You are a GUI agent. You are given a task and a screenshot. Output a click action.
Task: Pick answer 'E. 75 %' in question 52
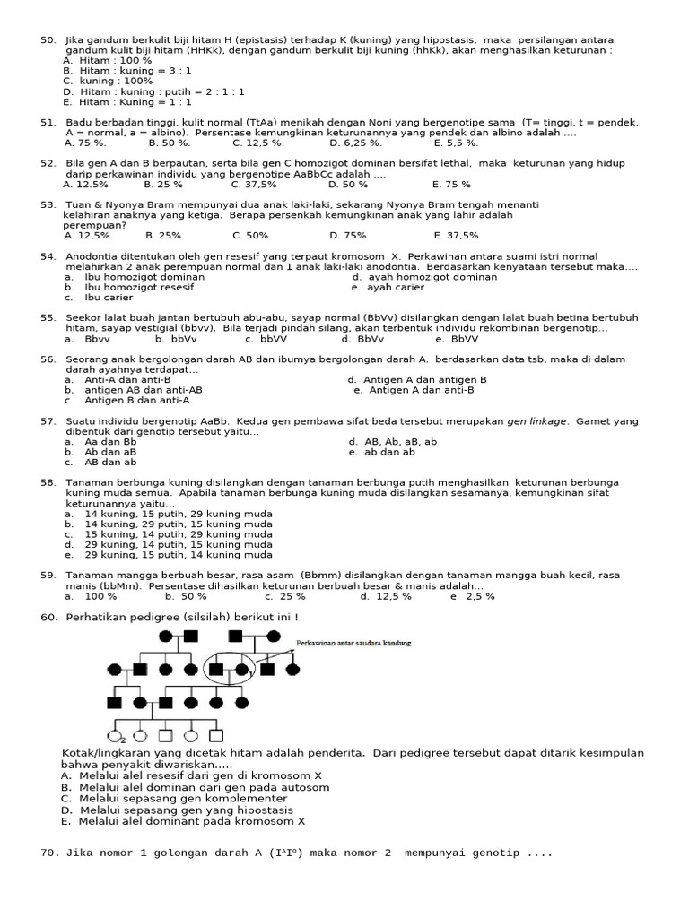point(451,184)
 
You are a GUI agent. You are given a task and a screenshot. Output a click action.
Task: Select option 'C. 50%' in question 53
point(250,236)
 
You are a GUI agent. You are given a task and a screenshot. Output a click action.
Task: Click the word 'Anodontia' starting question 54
point(96,256)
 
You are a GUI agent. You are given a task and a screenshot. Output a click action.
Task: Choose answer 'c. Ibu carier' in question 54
point(99,298)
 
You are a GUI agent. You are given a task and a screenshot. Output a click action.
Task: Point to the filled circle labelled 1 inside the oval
point(242,669)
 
